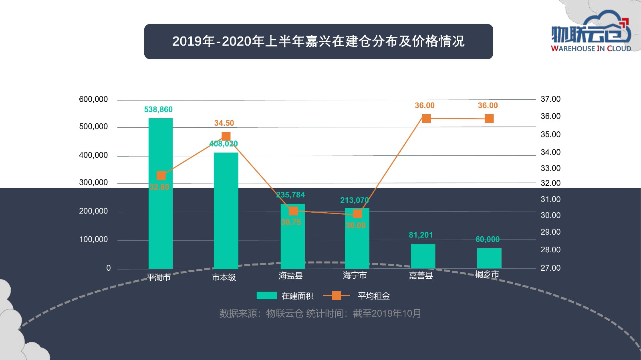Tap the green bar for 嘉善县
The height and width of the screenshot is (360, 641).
click(423, 256)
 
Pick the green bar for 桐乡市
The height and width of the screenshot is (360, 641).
click(489, 258)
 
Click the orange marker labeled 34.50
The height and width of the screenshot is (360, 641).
click(226, 136)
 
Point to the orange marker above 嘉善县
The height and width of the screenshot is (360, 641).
click(426, 119)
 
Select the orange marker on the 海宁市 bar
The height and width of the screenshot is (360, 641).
click(358, 214)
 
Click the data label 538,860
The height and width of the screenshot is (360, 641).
click(158, 109)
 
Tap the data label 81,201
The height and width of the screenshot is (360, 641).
click(421, 235)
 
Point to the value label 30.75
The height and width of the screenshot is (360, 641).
click(291, 222)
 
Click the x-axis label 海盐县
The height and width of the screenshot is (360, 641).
click(291, 276)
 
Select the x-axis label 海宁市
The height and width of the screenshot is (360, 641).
click(355, 275)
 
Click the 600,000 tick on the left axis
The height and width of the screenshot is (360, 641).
click(93, 99)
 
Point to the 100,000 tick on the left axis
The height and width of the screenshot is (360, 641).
click(93, 239)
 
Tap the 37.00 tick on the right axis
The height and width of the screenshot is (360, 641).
click(550, 99)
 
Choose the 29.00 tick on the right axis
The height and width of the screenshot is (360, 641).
click(550, 232)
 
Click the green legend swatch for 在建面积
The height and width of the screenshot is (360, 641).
click(266, 296)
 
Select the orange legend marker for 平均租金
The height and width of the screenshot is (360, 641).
click(337, 296)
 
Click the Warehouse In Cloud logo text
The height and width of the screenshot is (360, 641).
click(591, 48)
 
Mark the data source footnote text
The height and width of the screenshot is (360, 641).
click(320, 313)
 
